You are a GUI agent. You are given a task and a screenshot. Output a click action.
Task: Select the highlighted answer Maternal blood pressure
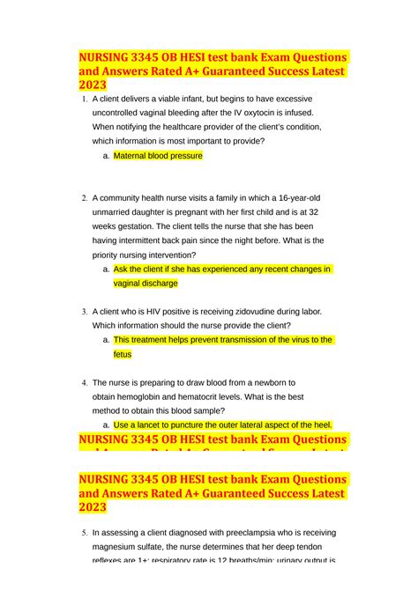pyautogui.click(x=158, y=156)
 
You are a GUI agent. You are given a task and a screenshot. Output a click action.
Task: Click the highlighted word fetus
pyautogui.click(x=123, y=354)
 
